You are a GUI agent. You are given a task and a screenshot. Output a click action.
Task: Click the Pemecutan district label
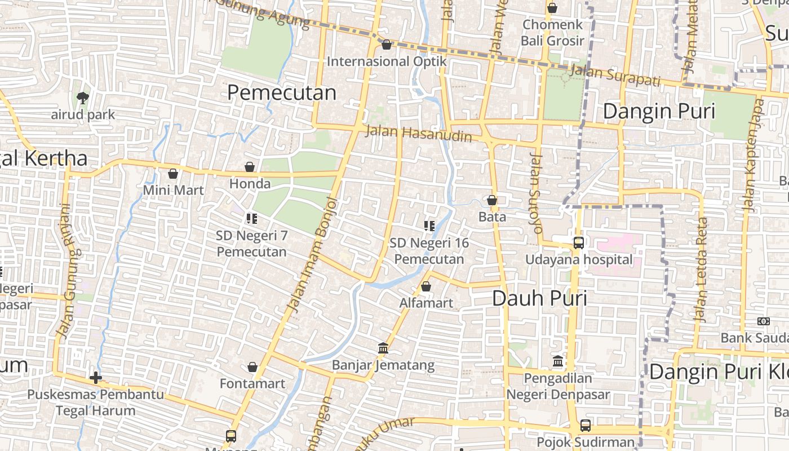(x=282, y=92)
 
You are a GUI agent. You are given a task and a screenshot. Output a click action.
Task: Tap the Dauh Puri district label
(x=539, y=298)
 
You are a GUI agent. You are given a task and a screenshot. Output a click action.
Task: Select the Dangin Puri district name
(x=659, y=111)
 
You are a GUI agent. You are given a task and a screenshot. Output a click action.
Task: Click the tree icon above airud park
(x=83, y=98)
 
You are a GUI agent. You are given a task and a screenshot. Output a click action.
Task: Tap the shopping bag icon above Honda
(x=250, y=167)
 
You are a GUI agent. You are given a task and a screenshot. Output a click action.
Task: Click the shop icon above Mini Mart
(x=173, y=173)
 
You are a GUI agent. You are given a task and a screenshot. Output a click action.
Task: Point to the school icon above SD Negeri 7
(x=251, y=218)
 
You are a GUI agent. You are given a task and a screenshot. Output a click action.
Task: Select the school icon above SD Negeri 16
(x=429, y=226)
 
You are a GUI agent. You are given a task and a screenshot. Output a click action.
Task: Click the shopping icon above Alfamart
(x=426, y=286)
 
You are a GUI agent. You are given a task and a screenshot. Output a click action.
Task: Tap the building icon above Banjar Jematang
(x=383, y=348)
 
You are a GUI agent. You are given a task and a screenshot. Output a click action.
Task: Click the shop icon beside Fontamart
(x=252, y=367)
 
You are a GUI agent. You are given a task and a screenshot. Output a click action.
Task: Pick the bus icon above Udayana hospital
(x=579, y=243)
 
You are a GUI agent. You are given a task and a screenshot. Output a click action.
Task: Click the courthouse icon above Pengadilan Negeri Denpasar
(x=558, y=361)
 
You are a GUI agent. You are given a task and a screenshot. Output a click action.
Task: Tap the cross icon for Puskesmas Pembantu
(x=96, y=377)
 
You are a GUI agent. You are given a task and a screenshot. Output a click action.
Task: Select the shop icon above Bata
(x=492, y=200)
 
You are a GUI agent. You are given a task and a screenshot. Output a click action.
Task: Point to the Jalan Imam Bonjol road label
(x=312, y=254)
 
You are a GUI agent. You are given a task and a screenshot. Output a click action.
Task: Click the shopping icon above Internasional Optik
(x=387, y=44)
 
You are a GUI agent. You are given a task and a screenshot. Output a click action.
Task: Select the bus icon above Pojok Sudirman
(x=586, y=426)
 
